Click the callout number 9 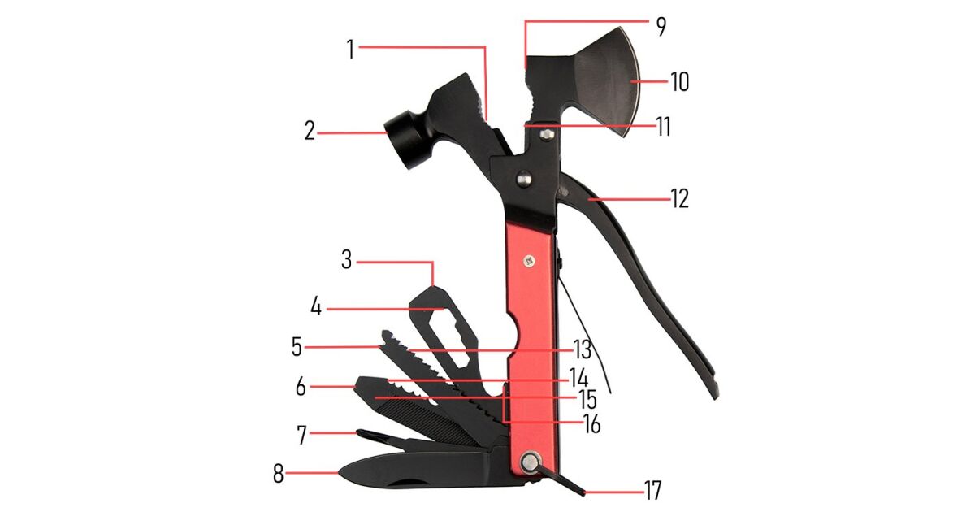pyautogui.click(x=661, y=27)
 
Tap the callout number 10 pyautogui.click(x=679, y=82)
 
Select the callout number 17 pyautogui.click(x=652, y=490)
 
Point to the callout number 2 pyautogui.click(x=310, y=131)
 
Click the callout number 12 pyautogui.click(x=679, y=199)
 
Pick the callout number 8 pyautogui.click(x=278, y=473)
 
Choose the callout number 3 pyautogui.click(x=346, y=260)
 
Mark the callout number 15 pyautogui.click(x=587, y=400)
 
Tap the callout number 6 pyautogui.click(x=301, y=387)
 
